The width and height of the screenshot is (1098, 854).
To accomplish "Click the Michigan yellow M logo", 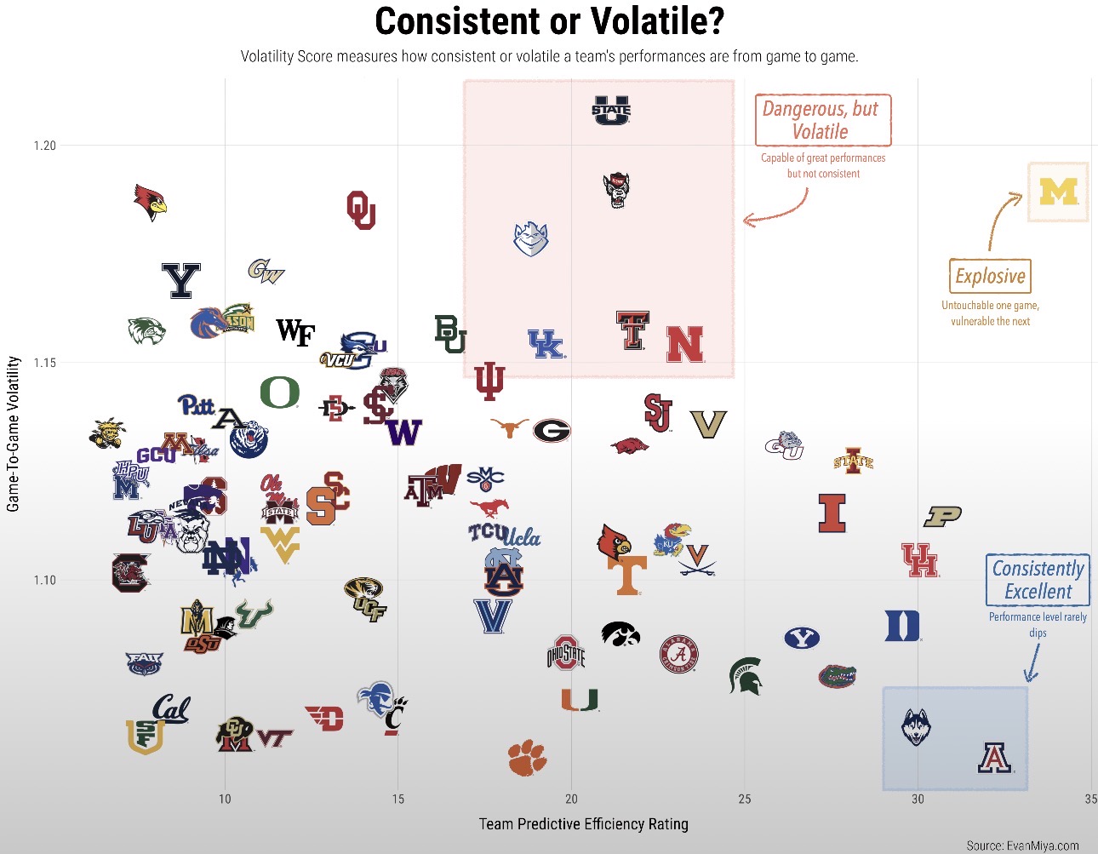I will (1058, 192).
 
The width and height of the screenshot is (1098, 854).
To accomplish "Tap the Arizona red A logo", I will (994, 757).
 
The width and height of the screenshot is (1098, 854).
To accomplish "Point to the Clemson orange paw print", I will (527, 757).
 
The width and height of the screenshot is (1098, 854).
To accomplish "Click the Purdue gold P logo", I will (942, 516).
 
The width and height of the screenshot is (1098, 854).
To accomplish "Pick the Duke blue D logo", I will (902, 626).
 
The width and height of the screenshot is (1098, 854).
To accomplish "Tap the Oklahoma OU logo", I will (361, 209).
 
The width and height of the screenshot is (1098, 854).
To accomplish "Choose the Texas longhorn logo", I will (510, 427).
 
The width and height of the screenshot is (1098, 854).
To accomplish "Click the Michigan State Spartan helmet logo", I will (746, 676).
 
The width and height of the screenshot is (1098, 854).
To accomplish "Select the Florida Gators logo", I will (838, 676).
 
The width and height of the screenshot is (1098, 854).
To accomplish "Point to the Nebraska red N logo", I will (684, 345).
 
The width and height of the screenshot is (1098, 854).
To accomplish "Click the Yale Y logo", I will (180, 280).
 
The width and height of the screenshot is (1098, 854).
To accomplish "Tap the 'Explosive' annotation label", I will (990, 277).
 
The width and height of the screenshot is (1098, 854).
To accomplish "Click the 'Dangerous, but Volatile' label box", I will (822, 120).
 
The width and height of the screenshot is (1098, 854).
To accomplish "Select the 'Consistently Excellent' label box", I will (1038, 580).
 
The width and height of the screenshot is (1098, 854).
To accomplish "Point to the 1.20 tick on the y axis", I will (45, 146).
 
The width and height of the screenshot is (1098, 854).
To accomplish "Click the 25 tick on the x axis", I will (745, 799).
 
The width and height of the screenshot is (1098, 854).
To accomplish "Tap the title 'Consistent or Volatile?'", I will (549, 22).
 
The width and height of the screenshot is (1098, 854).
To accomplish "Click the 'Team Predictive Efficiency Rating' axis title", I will (583, 824).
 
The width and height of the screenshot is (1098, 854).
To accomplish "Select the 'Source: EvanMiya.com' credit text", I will (1022, 845).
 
